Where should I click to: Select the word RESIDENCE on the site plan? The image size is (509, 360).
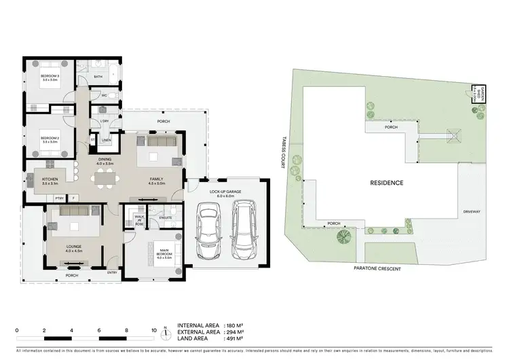click(x=387, y=183)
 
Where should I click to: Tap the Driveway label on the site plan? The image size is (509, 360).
click(x=472, y=212)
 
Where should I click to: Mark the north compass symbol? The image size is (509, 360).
click(x=165, y=334)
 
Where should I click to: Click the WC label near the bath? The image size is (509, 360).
click(x=105, y=96)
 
